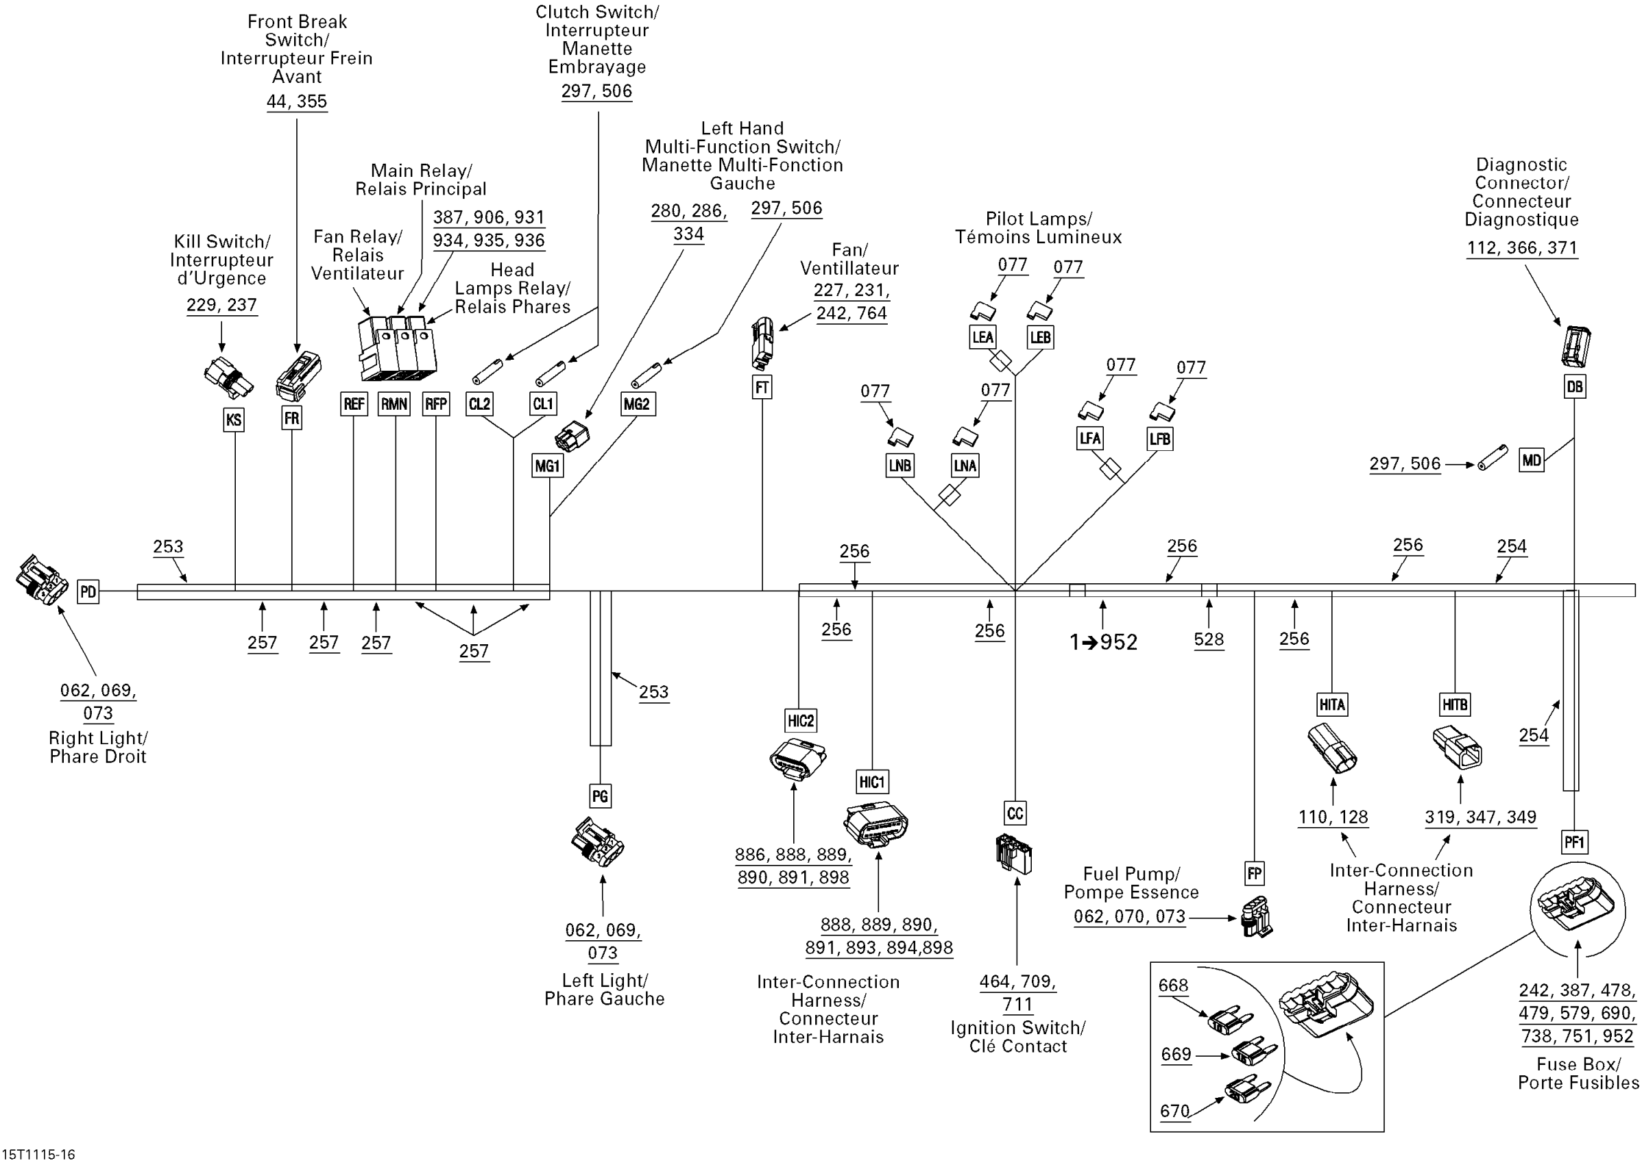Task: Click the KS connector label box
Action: [x=233, y=419]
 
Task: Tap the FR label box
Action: [x=291, y=417]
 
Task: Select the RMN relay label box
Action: [x=394, y=404]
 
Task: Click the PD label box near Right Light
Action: [x=88, y=592]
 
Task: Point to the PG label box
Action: [x=600, y=796]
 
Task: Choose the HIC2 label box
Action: [x=801, y=721]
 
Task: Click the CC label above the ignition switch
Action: [x=1015, y=813]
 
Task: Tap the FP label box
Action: [x=1255, y=874]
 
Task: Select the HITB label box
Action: [x=1455, y=704]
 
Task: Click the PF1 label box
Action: [x=1574, y=842]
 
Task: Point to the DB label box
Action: [x=1575, y=387]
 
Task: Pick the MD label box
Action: [x=1532, y=460]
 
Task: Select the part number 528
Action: [x=1209, y=639]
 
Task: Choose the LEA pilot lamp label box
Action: [x=982, y=337]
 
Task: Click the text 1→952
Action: [x=1104, y=642]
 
